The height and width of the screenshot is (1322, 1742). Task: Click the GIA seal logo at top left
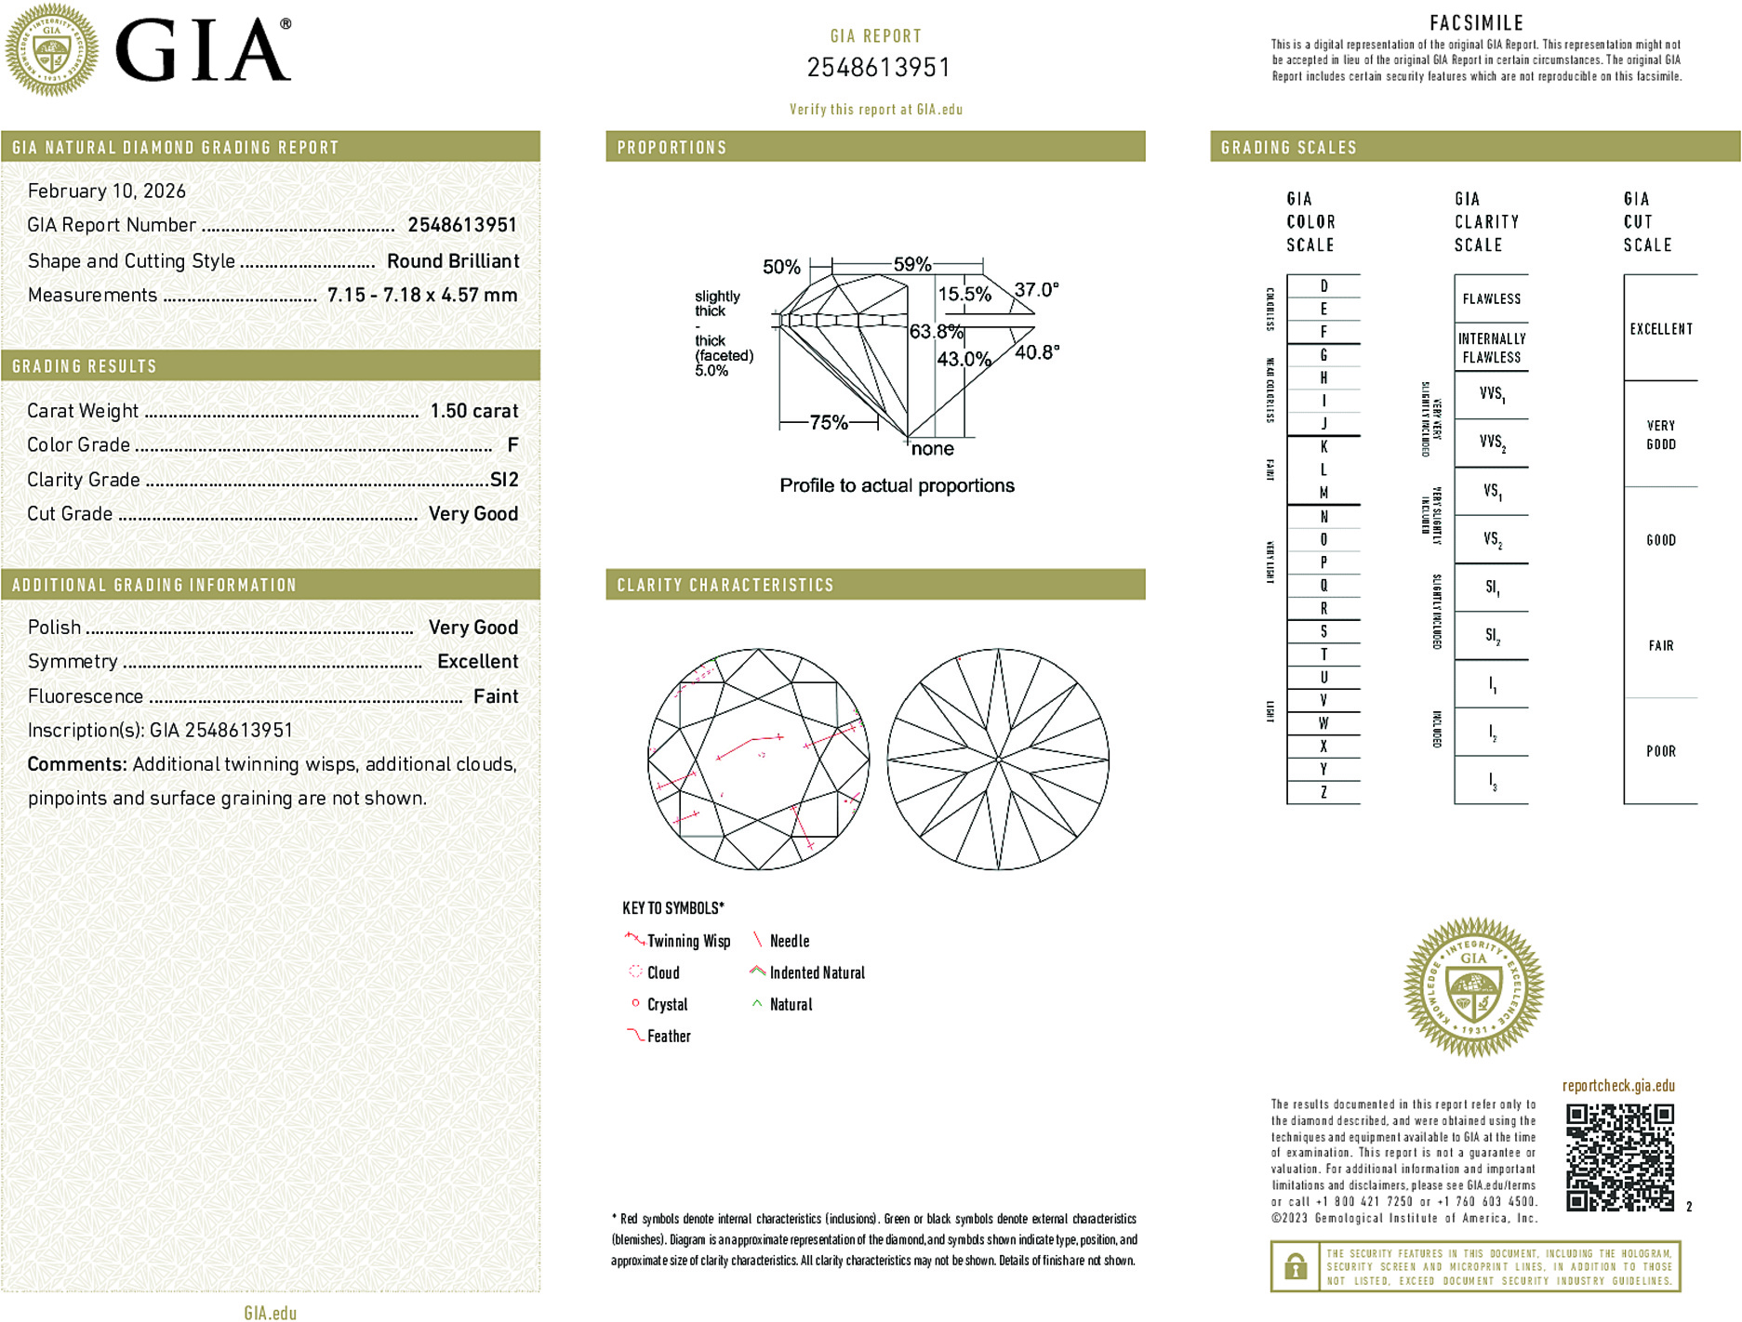point(52,49)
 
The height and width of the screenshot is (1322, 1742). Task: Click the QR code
point(1619,1157)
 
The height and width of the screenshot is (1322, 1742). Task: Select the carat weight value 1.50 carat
point(473,411)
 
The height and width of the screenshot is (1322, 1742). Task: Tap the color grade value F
point(512,445)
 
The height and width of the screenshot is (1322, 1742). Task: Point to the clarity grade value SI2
point(504,480)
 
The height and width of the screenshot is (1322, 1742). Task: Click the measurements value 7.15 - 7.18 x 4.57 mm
point(422,296)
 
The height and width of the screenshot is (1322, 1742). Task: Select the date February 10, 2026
point(107,192)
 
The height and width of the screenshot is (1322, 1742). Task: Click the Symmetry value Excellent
point(477,662)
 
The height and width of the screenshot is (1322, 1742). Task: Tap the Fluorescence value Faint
point(495,696)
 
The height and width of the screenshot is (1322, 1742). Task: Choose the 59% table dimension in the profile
point(911,264)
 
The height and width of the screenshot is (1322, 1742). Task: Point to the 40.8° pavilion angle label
point(1036,352)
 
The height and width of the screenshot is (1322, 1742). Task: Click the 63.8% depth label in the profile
point(936,332)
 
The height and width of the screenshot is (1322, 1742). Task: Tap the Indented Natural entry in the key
point(817,972)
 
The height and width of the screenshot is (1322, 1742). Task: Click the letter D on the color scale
point(1323,286)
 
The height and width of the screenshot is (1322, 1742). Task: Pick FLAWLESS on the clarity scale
point(1491,299)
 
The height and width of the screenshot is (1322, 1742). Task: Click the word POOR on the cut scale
point(1660,751)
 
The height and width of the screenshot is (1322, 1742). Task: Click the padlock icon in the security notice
point(1295,1266)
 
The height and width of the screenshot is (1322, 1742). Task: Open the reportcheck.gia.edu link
point(1618,1086)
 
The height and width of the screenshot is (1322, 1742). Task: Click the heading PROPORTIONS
point(672,148)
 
